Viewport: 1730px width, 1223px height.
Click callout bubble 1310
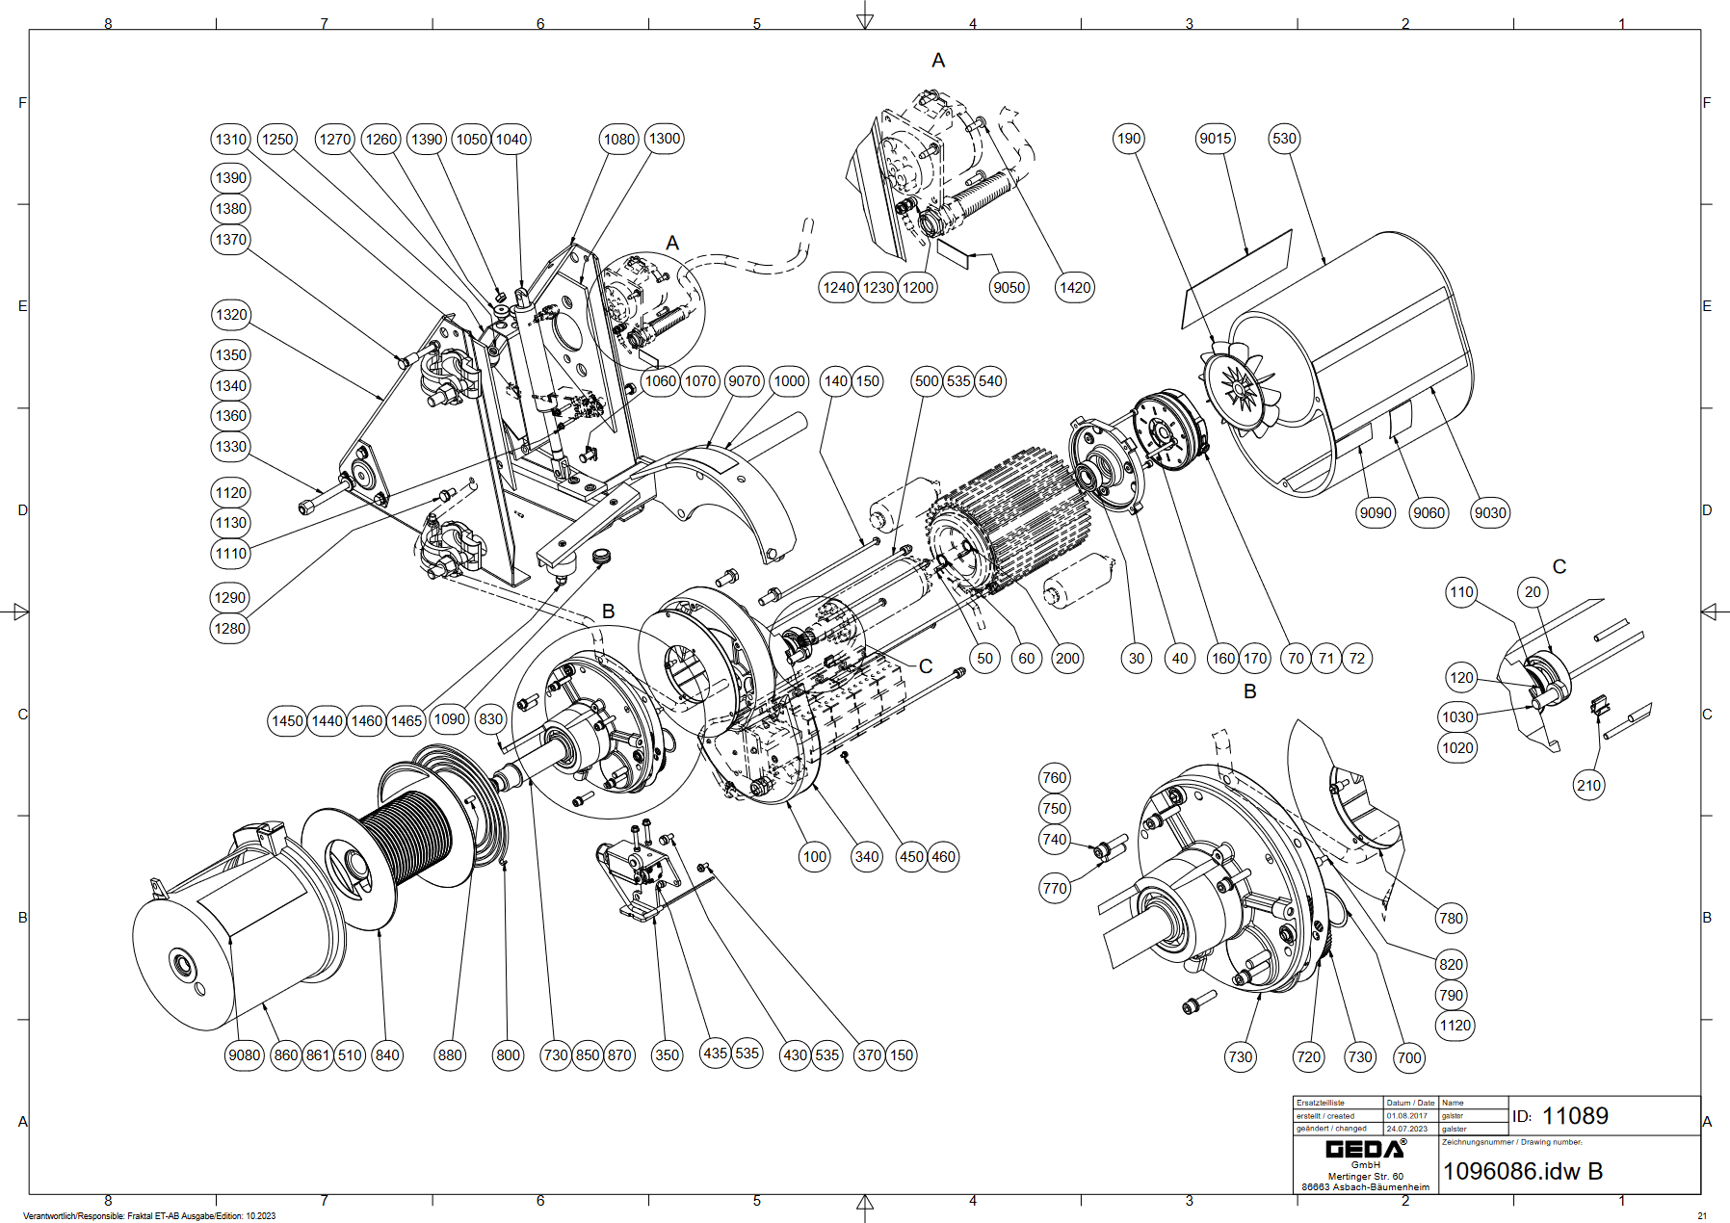(230, 139)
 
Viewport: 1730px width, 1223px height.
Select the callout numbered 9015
(1215, 139)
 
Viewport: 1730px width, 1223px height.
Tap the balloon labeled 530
(1284, 139)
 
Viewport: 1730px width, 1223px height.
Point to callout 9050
(1009, 287)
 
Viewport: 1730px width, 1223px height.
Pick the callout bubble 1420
(1074, 287)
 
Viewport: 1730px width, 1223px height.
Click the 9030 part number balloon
(1489, 512)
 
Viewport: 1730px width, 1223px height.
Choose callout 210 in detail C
(1588, 785)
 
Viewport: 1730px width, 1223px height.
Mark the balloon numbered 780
(1451, 918)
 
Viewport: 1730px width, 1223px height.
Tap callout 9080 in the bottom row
(244, 1054)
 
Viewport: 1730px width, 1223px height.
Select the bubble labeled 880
(450, 1054)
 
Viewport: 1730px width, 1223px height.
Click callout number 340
(867, 856)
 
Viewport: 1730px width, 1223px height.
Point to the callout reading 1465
(406, 720)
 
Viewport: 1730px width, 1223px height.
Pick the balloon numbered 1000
(789, 380)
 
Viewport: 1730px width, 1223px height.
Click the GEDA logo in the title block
(1365, 1149)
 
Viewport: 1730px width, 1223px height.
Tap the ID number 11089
(1575, 1115)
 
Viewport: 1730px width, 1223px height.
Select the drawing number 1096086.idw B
(1522, 1171)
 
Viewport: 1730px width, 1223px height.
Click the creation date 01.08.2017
(1406, 1116)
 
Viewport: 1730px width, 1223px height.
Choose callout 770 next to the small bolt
(1055, 888)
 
